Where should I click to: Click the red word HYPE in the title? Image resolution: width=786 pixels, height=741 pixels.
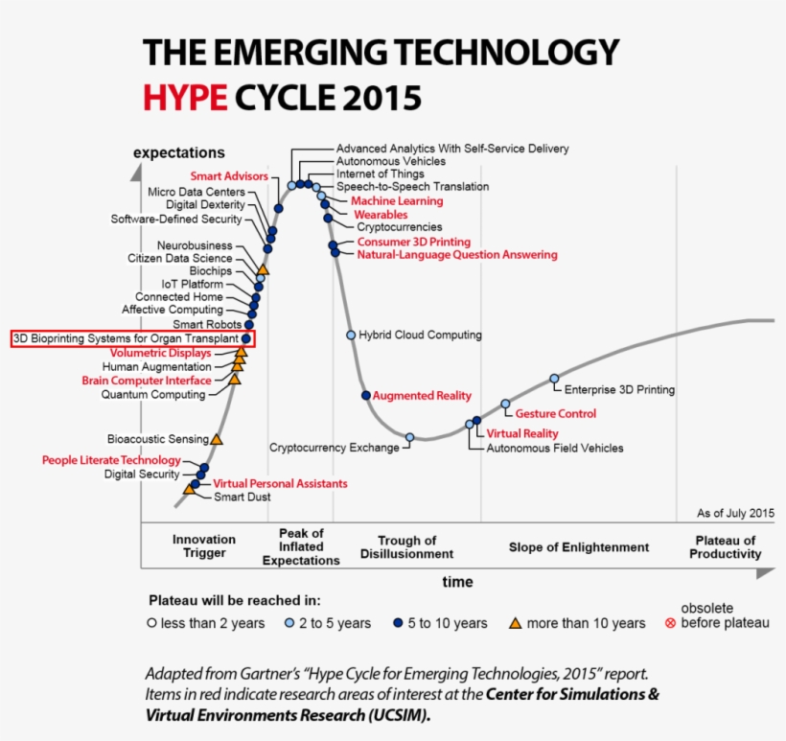coord(185,96)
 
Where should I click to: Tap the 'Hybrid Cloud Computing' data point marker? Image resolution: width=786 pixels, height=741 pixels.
coord(351,335)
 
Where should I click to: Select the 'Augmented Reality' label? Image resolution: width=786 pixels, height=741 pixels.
coord(422,395)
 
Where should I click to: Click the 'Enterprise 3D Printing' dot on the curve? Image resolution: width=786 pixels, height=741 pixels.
coord(554,379)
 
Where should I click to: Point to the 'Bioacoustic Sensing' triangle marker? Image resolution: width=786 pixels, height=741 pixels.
coord(217,439)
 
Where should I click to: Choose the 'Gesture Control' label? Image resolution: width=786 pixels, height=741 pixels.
coord(555,414)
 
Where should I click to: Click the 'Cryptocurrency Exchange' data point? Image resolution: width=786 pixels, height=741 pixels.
coord(409,437)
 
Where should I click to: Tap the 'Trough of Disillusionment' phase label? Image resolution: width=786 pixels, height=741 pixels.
coord(406,547)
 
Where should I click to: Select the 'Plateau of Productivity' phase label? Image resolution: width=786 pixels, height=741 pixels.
coord(726,547)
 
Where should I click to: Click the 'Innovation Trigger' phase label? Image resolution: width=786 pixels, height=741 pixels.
coord(204,546)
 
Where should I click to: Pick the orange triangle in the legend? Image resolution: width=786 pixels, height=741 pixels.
coord(515,623)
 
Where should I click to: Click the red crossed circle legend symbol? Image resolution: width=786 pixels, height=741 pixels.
coord(670,623)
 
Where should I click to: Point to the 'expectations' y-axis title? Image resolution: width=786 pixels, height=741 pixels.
coord(179,152)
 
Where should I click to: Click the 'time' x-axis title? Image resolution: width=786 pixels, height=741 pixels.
coord(457,582)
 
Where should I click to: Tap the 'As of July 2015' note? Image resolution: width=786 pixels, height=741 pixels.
coord(735,513)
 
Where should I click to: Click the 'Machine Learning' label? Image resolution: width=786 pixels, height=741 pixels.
coord(397,201)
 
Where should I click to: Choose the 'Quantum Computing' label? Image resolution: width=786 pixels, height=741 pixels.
coord(153,394)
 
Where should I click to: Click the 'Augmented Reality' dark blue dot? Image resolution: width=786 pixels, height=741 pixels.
coord(365,395)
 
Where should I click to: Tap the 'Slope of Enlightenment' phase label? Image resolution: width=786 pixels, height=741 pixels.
coord(578,547)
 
